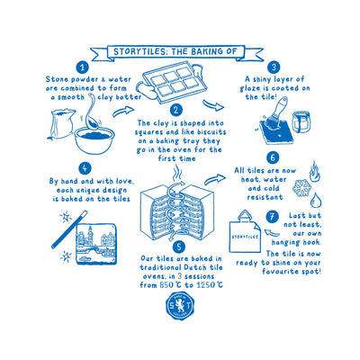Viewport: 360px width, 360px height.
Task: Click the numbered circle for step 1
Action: click(x=82, y=67)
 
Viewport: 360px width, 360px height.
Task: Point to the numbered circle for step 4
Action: click(x=85, y=166)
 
